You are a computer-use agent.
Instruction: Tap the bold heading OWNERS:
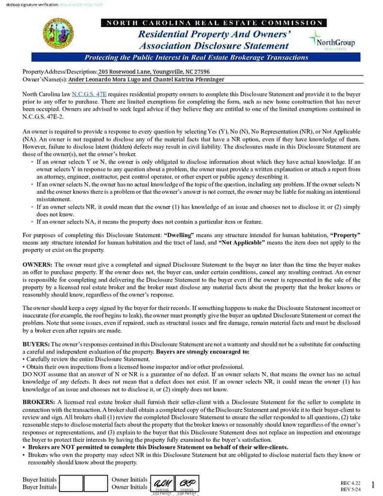coord(38,265)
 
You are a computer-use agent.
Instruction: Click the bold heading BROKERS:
coord(39,403)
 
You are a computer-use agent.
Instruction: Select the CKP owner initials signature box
coord(187,484)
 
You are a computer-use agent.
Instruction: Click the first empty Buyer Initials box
coord(71,483)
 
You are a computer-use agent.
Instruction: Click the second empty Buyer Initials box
coord(95,483)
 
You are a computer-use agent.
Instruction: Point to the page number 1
coord(373,485)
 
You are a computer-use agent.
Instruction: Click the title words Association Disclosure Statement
coord(214,46)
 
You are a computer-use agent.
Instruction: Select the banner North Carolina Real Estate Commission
coord(214,23)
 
